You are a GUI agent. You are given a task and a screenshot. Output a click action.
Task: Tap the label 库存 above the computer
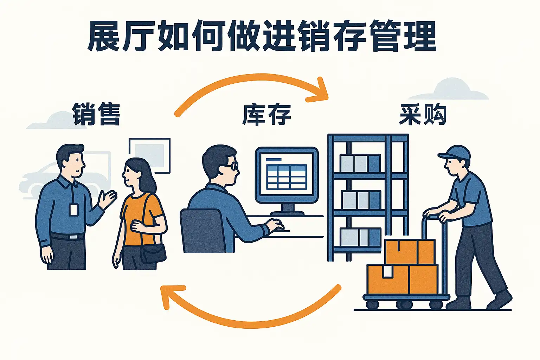click(266, 115)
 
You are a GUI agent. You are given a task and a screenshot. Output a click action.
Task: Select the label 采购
click(423, 114)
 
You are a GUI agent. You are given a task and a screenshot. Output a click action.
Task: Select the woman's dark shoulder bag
click(153, 253)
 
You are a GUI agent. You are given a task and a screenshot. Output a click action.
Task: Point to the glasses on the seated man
click(232, 166)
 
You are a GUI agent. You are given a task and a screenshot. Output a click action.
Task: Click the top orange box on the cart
click(410, 252)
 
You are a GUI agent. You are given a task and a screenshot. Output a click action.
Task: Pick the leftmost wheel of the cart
click(372, 305)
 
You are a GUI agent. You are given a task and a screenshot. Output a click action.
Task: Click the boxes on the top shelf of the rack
click(360, 163)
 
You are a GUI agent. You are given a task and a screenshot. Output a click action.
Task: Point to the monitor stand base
click(287, 213)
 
